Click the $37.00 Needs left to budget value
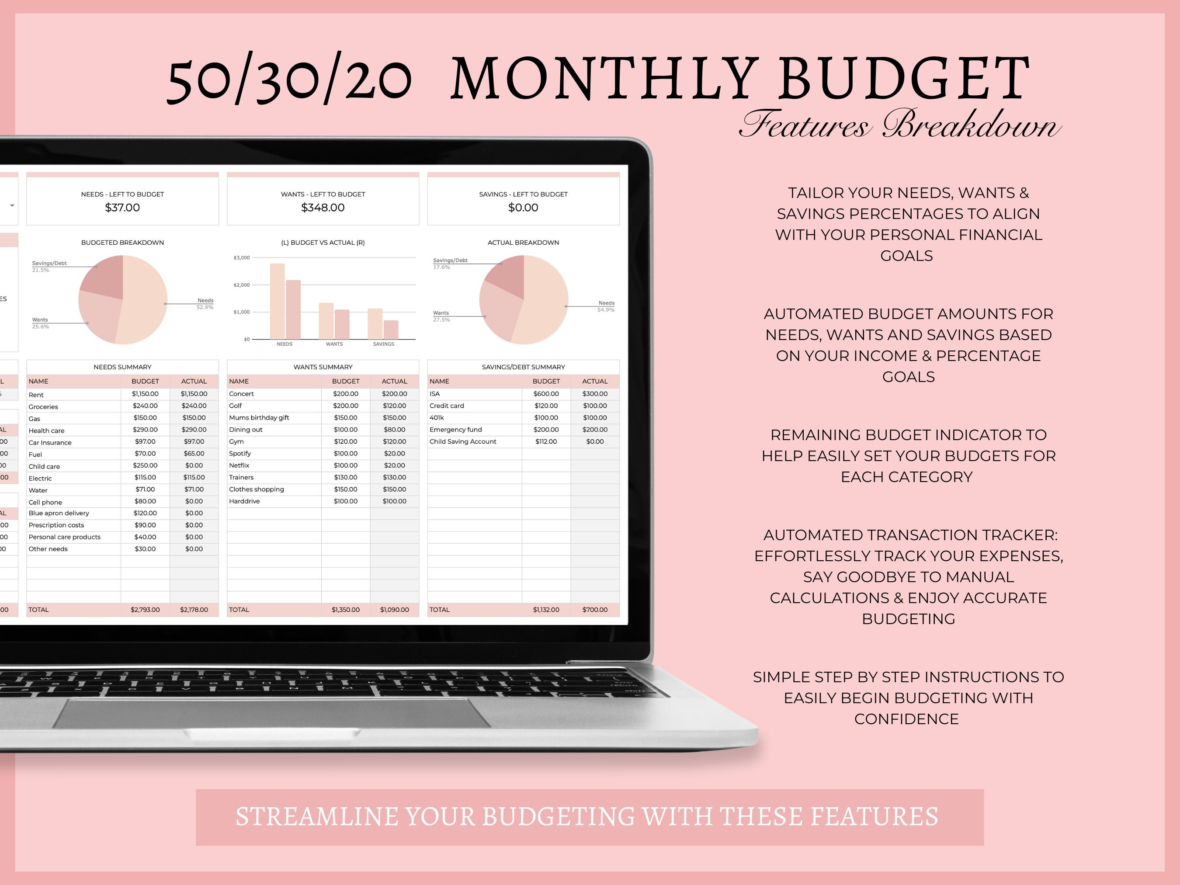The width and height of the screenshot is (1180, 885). click(122, 208)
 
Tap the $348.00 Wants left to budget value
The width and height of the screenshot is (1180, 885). click(323, 208)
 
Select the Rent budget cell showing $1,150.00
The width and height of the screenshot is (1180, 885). click(145, 394)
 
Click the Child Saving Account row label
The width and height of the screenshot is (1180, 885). click(462, 442)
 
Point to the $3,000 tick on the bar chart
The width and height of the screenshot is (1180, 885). click(242, 258)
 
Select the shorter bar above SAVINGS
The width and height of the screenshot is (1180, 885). click(391, 330)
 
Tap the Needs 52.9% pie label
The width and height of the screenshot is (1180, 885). click(205, 304)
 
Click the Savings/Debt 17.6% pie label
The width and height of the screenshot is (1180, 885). click(450, 264)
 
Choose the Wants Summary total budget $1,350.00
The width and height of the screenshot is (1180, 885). click(345, 610)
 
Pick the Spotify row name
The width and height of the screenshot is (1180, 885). click(239, 454)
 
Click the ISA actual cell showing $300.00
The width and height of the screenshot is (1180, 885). click(595, 394)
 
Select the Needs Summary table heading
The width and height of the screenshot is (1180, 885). click(122, 367)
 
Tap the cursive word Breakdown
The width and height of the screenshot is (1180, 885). click(971, 126)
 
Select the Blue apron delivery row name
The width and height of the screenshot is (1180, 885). click(59, 513)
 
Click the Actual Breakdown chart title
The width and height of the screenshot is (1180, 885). click(523, 243)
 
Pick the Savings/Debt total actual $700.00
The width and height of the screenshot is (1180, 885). click(595, 610)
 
